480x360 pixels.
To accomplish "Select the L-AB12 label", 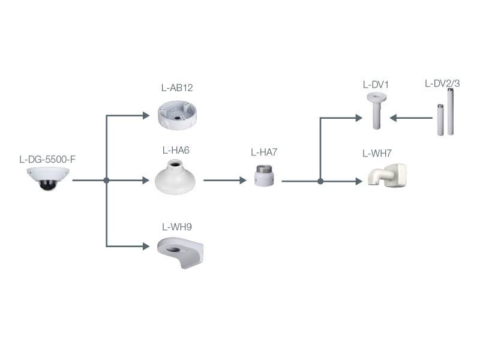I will point(177,88).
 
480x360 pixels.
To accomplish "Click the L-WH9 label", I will point(177,227).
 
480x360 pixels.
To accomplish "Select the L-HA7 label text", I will point(264,152).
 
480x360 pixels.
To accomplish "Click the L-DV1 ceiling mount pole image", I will point(376,111).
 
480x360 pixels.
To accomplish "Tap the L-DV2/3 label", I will point(442,83).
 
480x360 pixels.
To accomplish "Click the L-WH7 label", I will point(377,153).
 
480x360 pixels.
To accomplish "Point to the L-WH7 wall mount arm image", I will point(387,175).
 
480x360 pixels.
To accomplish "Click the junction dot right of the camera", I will point(106,180).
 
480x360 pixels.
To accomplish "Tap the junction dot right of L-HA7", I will point(320,181).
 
